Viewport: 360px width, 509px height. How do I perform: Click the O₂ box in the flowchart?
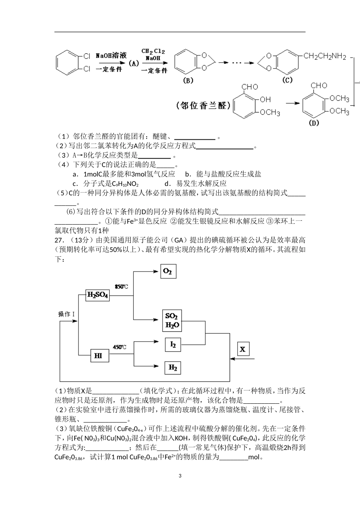click(168, 271)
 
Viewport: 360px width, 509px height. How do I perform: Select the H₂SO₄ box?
click(98, 295)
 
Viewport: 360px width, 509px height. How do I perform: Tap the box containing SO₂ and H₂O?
click(172, 320)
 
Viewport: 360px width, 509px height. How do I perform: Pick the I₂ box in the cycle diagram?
click(173, 344)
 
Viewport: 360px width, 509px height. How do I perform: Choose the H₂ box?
click(173, 367)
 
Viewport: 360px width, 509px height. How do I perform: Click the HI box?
click(98, 356)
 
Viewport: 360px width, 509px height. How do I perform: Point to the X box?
click(243, 349)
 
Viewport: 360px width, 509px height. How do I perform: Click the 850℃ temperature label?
click(121, 287)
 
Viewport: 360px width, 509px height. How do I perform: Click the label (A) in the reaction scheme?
click(134, 64)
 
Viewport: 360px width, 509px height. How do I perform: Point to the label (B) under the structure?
click(188, 80)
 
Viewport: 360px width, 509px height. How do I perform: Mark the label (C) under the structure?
click(288, 80)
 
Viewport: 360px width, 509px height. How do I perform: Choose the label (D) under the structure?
click(314, 123)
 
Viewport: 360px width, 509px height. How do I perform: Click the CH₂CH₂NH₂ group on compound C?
click(325, 57)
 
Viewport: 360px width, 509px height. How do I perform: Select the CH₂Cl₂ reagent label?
click(153, 51)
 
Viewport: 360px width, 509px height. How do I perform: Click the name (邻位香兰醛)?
click(203, 106)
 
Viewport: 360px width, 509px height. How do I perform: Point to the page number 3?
click(180, 476)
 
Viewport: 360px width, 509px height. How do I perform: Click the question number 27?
click(59, 240)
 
